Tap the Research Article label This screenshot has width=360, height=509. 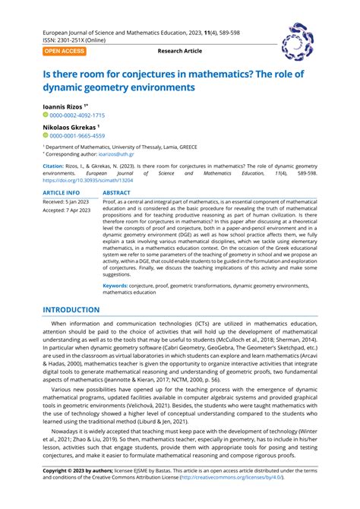180,51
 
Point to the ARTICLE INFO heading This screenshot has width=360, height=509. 65,193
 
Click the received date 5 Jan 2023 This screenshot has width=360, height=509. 77,202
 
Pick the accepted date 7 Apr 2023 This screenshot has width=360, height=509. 78,210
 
